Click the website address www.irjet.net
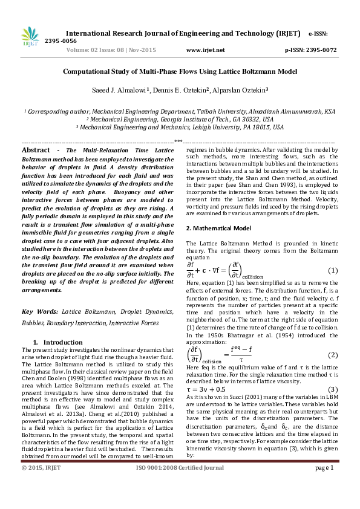tap(206, 50)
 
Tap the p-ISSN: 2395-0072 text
tap(310, 50)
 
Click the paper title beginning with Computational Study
tap(180, 71)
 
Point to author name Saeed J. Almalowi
tap(118, 91)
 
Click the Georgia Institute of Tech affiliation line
tap(180, 120)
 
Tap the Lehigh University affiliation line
tap(180, 128)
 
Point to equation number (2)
tap(332, 354)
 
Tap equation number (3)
tap(332, 389)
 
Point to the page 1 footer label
tap(324, 501)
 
